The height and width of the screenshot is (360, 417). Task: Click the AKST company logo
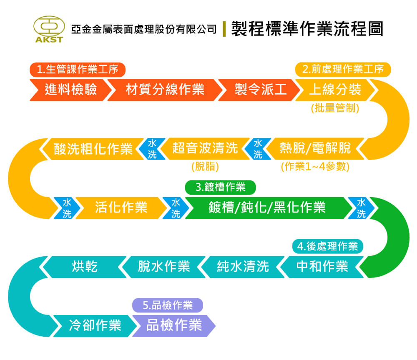tap(49, 29)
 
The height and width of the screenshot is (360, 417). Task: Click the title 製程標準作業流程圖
tap(307, 29)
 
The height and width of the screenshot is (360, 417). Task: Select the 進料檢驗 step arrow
tap(71, 90)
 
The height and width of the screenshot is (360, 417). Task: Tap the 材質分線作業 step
tap(165, 90)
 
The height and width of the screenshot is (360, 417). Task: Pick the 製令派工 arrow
tap(259, 90)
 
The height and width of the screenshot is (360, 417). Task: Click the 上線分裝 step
tap(335, 90)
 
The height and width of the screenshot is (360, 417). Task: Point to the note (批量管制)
tap(335, 108)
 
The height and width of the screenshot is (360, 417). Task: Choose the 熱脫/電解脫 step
tap(315, 148)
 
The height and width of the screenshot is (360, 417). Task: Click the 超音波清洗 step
tap(205, 148)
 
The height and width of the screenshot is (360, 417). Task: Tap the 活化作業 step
tap(121, 208)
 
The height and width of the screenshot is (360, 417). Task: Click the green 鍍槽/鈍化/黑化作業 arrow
tap(267, 208)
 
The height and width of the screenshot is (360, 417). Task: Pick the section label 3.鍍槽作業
tap(221, 187)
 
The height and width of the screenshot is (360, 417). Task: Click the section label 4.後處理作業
tap(328, 246)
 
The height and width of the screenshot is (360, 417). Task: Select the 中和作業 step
tap(322, 267)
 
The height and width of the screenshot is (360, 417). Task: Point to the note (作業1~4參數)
tap(315, 167)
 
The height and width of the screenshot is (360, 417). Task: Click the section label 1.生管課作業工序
tap(78, 70)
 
